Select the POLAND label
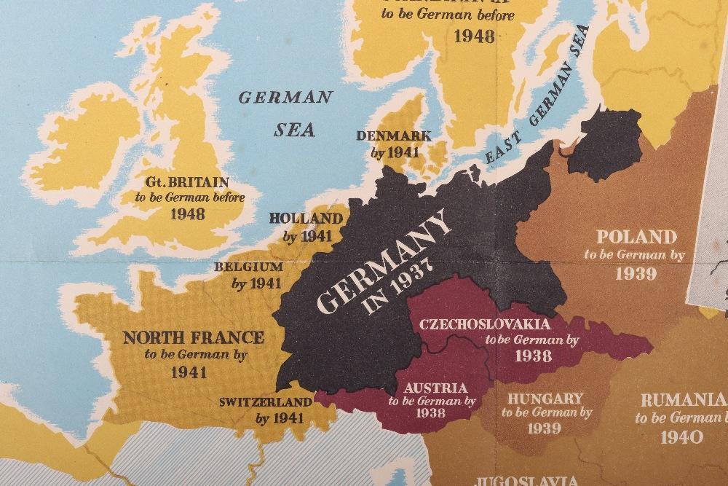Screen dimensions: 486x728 [636, 237]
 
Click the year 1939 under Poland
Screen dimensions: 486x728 [636, 273]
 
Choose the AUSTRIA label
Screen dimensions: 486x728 [437, 388]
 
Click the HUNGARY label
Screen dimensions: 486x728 [545, 398]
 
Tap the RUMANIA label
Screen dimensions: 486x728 [682, 400]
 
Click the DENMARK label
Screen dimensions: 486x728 [394, 136]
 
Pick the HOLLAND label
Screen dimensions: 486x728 [306, 219]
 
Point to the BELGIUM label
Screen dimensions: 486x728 [248, 267]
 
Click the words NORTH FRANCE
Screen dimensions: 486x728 [194, 337]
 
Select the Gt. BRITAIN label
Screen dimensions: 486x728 [188, 181]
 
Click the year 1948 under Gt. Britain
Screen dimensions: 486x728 [187, 213]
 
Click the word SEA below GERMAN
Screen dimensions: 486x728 [295, 130]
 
